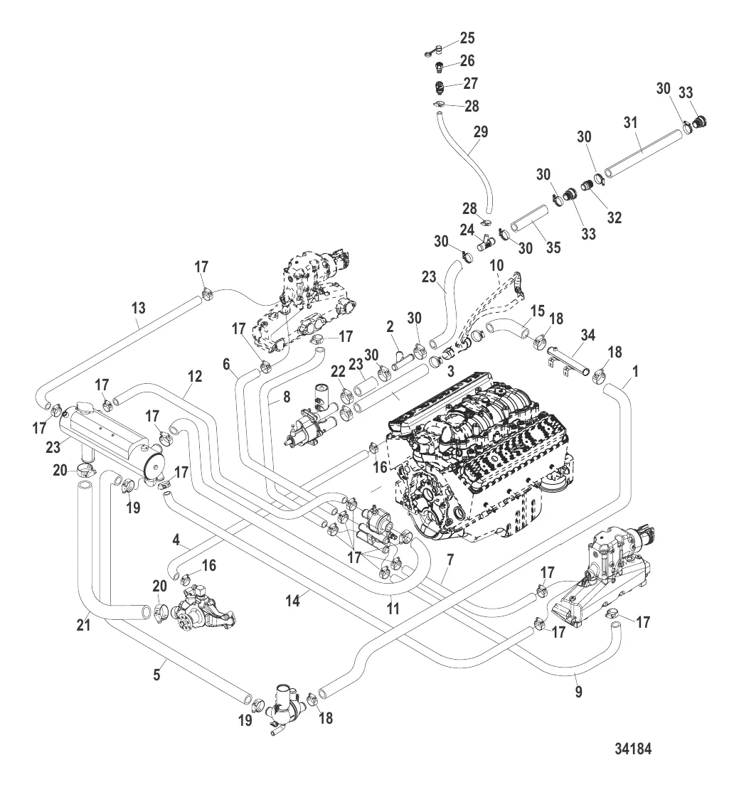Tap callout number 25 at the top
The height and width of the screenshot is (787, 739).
click(x=467, y=38)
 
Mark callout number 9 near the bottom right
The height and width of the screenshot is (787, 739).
click(x=578, y=691)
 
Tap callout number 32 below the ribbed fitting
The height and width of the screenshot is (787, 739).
click(x=614, y=218)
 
